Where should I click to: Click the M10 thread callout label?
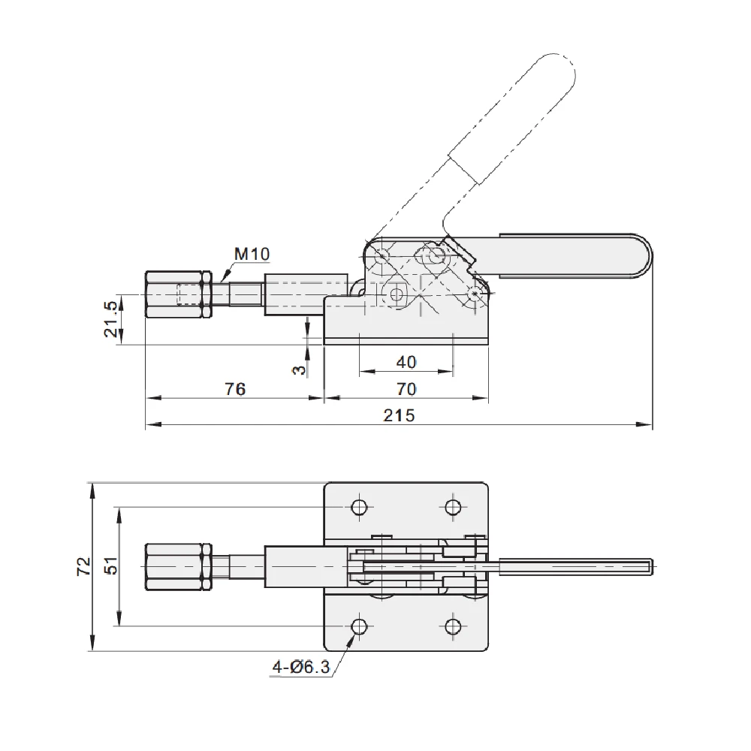tap(252, 254)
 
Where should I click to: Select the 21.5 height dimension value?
tap(110, 319)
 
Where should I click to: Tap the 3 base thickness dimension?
tap(299, 369)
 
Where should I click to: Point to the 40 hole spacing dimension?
tap(406, 362)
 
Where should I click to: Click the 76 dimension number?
tap(235, 389)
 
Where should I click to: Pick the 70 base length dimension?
tap(406, 389)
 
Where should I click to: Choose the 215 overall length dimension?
tap(399, 415)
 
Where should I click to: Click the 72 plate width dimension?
tap(84, 566)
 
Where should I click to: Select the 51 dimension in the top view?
tap(110, 566)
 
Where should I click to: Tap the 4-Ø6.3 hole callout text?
tap(301, 667)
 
